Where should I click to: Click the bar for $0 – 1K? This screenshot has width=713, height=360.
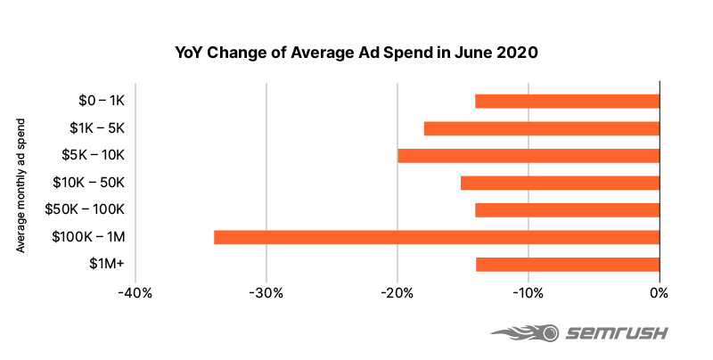[x=567, y=102]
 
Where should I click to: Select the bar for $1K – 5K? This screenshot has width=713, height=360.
[x=541, y=128]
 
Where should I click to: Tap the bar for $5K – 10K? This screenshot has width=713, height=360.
[x=528, y=156]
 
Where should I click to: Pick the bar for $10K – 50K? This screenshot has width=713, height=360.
[x=560, y=183]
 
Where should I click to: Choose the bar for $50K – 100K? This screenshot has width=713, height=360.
[x=567, y=210]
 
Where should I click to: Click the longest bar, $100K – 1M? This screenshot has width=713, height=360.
[x=436, y=237]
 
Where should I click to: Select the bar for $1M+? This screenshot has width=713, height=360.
[x=567, y=265]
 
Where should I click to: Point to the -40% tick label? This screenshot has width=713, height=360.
[x=135, y=293]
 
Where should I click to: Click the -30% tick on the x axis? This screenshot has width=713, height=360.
[x=266, y=293]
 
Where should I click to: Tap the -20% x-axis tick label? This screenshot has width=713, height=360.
[x=397, y=293]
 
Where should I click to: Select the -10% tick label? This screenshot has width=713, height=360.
[x=528, y=293]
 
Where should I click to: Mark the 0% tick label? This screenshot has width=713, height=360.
[x=660, y=293]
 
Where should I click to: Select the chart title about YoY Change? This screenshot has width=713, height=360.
[x=356, y=53]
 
